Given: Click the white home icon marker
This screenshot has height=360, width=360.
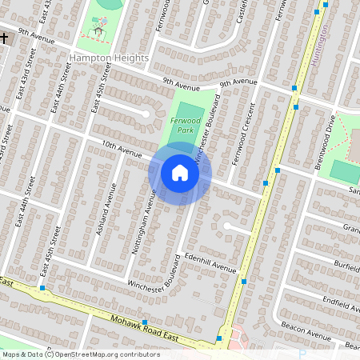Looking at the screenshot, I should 180,173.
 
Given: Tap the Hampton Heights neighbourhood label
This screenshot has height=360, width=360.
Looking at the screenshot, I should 109,58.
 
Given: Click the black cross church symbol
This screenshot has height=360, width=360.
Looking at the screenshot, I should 4,38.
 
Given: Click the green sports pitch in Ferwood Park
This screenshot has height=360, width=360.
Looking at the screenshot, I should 190,113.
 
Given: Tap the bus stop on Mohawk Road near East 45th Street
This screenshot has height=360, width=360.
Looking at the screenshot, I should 42,288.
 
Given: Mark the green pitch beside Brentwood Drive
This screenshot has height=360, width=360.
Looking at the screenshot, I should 345,170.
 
